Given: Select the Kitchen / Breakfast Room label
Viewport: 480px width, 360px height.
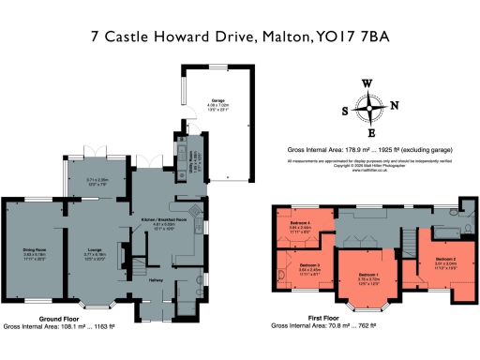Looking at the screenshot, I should (158, 219).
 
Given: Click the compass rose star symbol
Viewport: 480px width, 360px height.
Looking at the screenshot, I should (372, 109).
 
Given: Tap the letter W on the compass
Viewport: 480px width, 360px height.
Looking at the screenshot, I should (367, 84).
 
